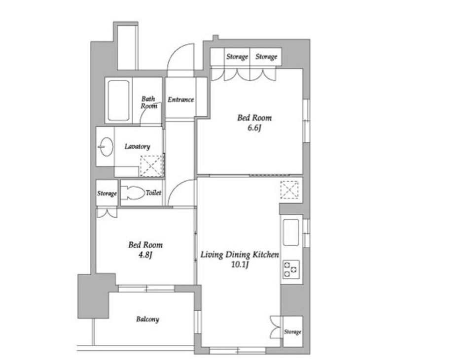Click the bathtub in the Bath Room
[x=118, y=100]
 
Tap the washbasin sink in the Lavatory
[x=106, y=147]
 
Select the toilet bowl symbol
[x=133, y=193]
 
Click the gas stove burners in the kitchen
[x=291, y=269]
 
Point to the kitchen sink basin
[x=291, y=232]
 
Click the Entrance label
[x=181, y=100]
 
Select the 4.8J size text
[x=145, y=255]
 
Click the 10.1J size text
[x=240, y=265]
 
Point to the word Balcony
[x=147, y=319]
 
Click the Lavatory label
[x=137, y=146]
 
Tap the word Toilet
[x=153, y=193]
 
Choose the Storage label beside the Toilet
[x=107, y=193]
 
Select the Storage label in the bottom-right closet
[x=292, y=332]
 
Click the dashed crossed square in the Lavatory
[x=151, y=166]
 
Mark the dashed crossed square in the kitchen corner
[x=289, y=190]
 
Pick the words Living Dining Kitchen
[x=240, y=255]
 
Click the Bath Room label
[x=148, y=102]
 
